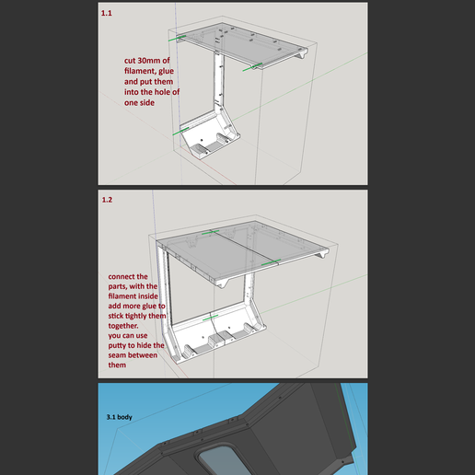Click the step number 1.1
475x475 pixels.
point(107,15)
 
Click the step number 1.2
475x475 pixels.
point(107,199)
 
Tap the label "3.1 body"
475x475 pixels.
point(119,417)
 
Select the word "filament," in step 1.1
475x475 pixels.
point(138,72)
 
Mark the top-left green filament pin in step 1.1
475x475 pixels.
point(180,38)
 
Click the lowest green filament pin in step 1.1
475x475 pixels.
point(181,130)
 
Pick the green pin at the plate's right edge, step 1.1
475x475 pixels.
point(253,66)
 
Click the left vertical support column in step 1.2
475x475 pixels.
point(167,290)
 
